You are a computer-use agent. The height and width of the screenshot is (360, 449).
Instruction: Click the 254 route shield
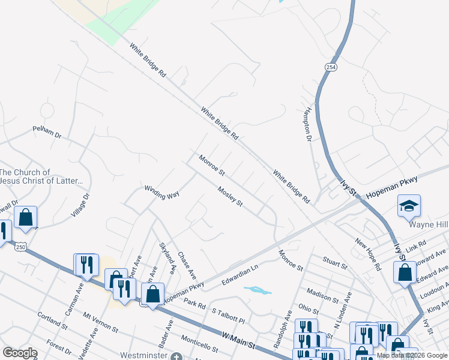[x=331, y=65]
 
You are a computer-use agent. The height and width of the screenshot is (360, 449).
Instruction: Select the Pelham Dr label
[x=47, y=132]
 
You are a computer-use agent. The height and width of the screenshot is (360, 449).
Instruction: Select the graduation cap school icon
[x=409, y=206]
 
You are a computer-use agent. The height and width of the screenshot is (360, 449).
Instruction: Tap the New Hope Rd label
[x=368, y=254]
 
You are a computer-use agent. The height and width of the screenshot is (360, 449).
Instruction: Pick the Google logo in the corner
[x=20, y=353]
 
